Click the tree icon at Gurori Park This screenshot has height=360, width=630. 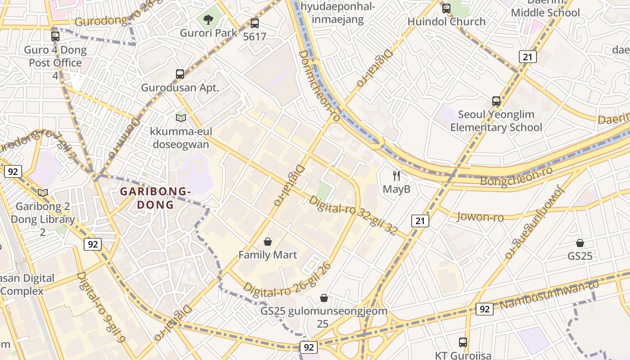(208, 20)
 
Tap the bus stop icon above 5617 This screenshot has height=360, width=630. (255, 23)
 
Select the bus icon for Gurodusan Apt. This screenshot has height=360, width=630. (180, 74)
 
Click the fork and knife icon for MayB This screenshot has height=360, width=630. (396, 175)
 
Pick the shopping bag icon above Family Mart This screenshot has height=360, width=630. (268, 242)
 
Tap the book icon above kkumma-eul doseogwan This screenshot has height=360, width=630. (181, 118)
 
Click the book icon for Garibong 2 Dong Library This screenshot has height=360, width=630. (43, 193)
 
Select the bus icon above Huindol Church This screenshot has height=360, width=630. (446, 8)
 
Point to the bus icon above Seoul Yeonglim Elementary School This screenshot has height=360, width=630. (496, 101)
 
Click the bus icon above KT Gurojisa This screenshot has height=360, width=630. (463, 342)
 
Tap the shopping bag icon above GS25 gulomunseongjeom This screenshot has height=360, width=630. (324, 298)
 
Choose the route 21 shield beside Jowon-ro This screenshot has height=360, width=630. (420, 220)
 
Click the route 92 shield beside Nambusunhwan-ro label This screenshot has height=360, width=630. (484, 309)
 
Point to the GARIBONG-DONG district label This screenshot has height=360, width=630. (155, 198)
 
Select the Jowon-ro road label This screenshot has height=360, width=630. (480, 217)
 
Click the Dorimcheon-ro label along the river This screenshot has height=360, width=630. (319, 85)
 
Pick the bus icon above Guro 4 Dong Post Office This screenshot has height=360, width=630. (55, 36)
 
